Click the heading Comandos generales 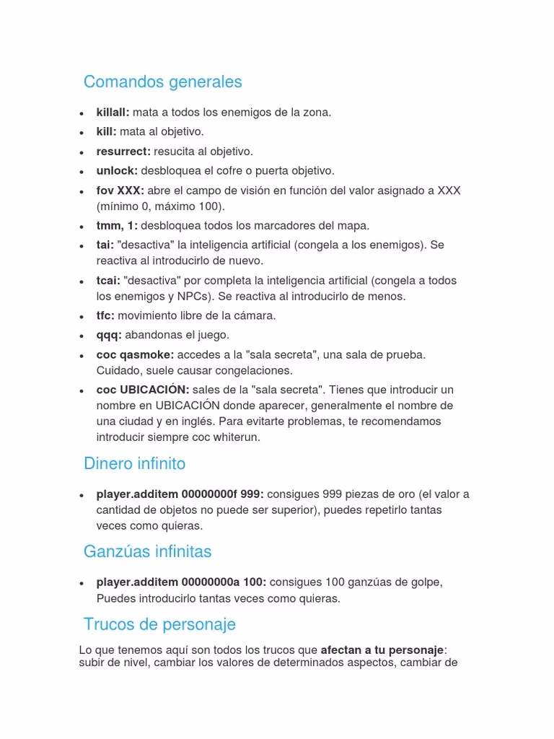tap(162, 82)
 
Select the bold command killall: tap(113, 113)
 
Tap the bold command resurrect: tap(123, 152)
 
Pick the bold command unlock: tap(117, 171)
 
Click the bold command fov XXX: tap(120, 191)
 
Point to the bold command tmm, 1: tap(117, 226)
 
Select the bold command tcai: tap(108, 281)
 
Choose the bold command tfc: tap(105, 316)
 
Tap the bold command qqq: tap(109, 336)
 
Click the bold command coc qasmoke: tap(135, 355)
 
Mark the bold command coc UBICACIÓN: tap(143, 390)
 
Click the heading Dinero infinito tap(134, 463)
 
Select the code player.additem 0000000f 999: tap(180, 495)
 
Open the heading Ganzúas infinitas tap(147, 552)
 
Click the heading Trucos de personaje tap(159, 624)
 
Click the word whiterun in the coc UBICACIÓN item tap(237, 437)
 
